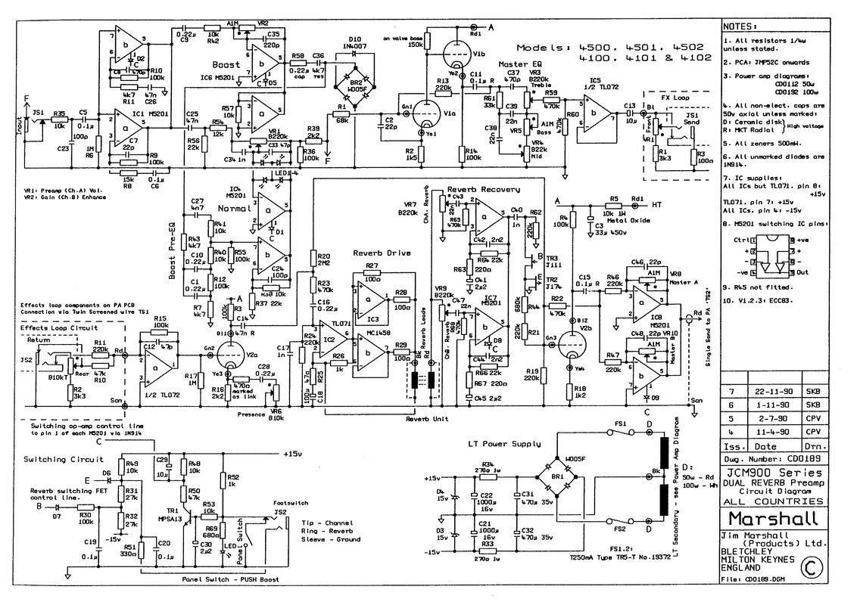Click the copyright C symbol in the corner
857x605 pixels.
pyautogui.click(x=811, y=566)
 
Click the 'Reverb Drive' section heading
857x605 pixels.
pyautogui.click(x=376, y=253)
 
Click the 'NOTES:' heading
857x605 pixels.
pyautogui.click(x=742, y=25)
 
